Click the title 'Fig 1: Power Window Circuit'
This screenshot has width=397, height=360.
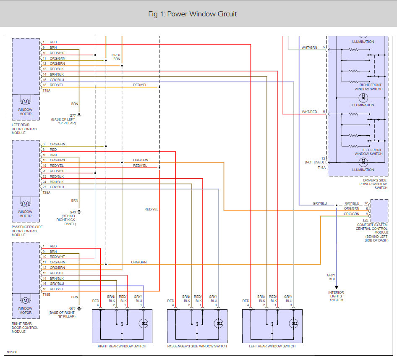coord(193,14)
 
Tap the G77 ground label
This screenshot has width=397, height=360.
coord(73,116)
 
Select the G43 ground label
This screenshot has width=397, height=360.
coord(73,212)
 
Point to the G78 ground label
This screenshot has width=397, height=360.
coord(73,308)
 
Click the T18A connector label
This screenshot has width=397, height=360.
coord(46,90)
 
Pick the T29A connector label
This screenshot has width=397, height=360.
coord(46,193)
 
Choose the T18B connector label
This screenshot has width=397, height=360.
coord(46,294)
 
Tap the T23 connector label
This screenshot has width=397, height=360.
coord(366,220)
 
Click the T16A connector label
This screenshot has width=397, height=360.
coord(322,168)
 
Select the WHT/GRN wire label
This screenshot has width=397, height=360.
coord(309,47)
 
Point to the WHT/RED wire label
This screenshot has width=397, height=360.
coord(309,112)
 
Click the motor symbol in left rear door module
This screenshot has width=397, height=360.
coord(25,102)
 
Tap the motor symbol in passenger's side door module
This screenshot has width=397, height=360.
coord(25,204)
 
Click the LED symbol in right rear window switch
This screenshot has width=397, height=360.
coord(144,323)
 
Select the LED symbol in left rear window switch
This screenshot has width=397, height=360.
coord(294,323)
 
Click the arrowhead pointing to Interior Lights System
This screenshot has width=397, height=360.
coord(337,287)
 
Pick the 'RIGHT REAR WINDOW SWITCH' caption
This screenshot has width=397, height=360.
coord(122,346)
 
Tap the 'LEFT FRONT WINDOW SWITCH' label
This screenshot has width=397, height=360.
coord(368,152)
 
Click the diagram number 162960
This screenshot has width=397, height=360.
coord(12,352)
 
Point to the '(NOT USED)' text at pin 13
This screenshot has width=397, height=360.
coord(314,162)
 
